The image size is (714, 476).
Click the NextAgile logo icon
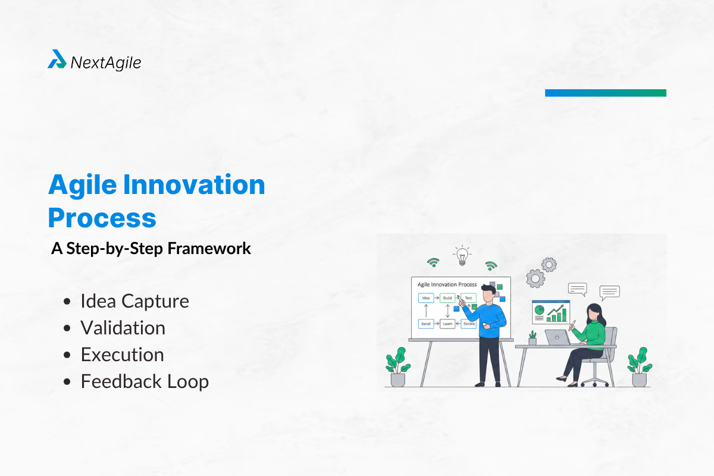(57, 59)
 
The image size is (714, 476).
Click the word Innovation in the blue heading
(193, 185)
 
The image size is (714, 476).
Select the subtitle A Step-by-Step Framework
(151, 249)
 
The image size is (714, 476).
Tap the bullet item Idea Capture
(134, 301)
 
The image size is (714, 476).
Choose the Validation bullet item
(123, 328)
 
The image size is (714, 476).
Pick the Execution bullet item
(122, 355)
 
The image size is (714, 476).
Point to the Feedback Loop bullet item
(145, 381)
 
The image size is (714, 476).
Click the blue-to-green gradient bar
(605, 93)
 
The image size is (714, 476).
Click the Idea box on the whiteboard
(425, 298)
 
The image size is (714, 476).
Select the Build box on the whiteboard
(447, 298)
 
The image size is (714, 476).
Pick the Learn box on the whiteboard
(447, 324)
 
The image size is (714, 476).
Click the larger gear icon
(535, 278)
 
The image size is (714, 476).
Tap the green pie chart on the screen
(540, 310)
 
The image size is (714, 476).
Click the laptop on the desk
(557, 337)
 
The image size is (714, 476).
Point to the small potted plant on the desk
(533, 338)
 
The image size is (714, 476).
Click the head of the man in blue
(488, 292)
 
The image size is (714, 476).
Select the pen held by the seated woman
(573, 324)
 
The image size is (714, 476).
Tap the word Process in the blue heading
(102, 218)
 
